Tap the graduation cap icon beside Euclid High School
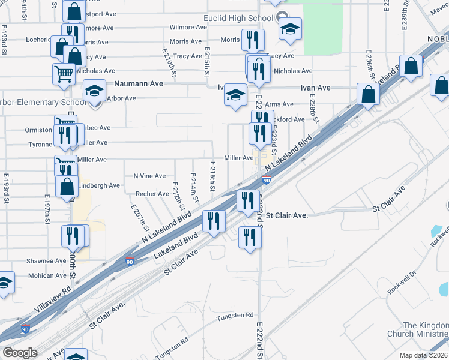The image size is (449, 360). point(290,29)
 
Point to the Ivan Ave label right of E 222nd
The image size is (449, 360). point(316,88)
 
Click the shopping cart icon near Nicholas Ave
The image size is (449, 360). point(64,74)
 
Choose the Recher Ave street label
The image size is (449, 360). point(152,194)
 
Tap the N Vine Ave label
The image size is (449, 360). point(149,176)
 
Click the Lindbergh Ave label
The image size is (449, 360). point(100,186)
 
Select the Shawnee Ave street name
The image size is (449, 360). point(46,261)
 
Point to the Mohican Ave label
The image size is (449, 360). point(47,276)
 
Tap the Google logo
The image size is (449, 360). point(20,353)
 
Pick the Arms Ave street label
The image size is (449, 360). point(279,104)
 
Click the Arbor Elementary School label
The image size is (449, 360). point(42,103)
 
